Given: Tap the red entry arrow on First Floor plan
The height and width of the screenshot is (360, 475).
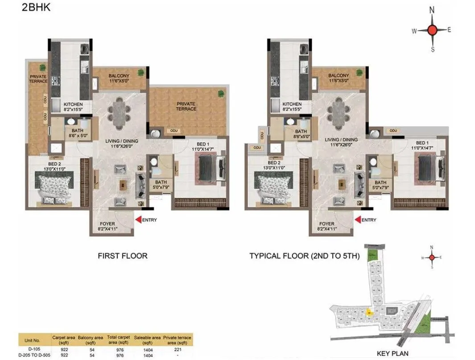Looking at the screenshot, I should click(x=139, y=220).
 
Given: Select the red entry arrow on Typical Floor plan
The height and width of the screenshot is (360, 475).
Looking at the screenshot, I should click(x=358, y=220).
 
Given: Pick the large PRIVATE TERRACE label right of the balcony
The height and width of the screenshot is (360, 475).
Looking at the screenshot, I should click(x=186, y=106).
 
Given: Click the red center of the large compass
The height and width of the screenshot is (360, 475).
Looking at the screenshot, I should click(x=432, y=30).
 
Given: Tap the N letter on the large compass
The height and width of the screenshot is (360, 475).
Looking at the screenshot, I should click(x=432, y=9).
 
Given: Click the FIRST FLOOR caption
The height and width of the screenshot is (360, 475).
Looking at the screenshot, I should click(x=122, y=256).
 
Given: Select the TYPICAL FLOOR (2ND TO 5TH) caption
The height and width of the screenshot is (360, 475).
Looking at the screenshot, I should click(x=304, y=256).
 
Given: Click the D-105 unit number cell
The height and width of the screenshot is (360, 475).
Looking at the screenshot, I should click(x=34, y=349).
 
